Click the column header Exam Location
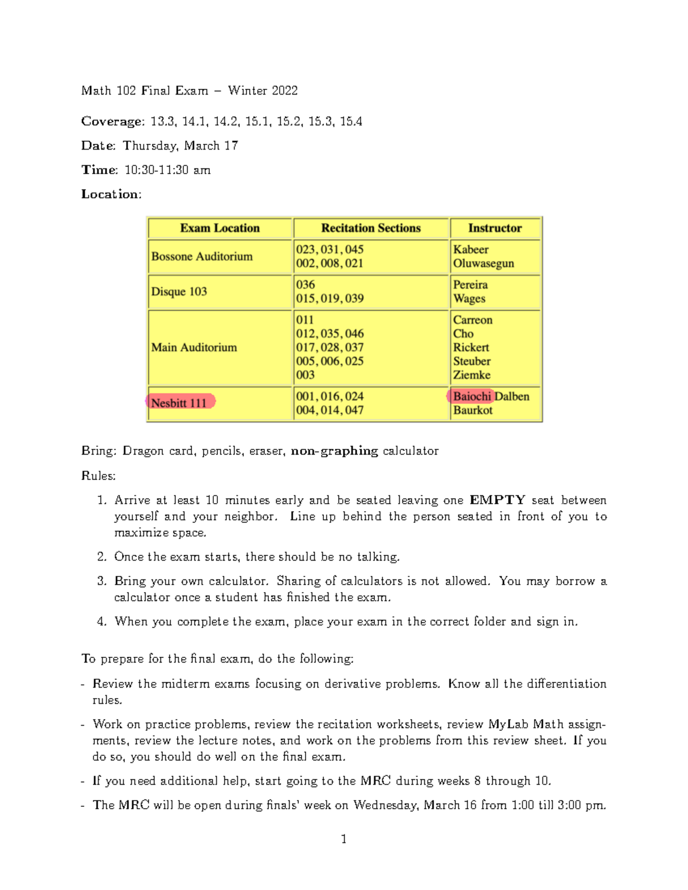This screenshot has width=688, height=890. point(220,228)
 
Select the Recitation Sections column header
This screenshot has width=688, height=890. point(371,228)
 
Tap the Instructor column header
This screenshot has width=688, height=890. point(495,228)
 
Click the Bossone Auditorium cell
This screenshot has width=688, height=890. point(202,257)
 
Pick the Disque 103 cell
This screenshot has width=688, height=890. point(179,292)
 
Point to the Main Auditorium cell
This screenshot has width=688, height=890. point(194,347)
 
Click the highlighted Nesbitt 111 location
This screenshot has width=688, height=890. point(179,402)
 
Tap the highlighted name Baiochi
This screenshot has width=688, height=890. point(471,397)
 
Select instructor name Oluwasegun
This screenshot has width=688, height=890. point(483,264)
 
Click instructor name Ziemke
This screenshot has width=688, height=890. point(472,375)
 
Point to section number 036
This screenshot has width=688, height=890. point(306,285)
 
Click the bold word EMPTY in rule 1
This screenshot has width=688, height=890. point(497,500)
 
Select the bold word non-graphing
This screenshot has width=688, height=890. point(334,451)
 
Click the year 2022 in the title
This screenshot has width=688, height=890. point(284,91)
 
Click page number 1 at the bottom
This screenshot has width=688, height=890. point(343,839)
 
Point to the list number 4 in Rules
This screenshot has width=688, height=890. point(101,622)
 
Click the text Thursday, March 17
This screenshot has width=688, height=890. point(180,146)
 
